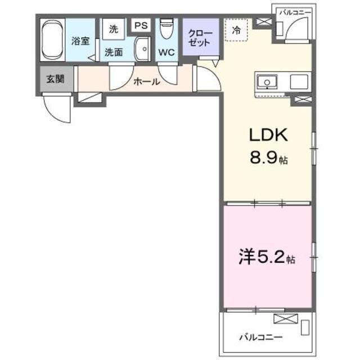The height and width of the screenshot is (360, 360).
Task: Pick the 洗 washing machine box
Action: (x=114, y=29)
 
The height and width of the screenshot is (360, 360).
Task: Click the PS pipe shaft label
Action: (x=141, y=26)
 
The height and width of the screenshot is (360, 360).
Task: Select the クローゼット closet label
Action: (x=200, y=38)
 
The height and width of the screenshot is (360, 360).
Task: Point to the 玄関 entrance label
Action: (x=55, y=79)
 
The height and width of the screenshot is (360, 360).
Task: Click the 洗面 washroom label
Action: (x=114, y=52)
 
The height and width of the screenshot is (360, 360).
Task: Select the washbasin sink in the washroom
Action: (x=142, y=49)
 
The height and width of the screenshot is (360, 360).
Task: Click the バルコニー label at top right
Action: (x=294, y=11)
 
